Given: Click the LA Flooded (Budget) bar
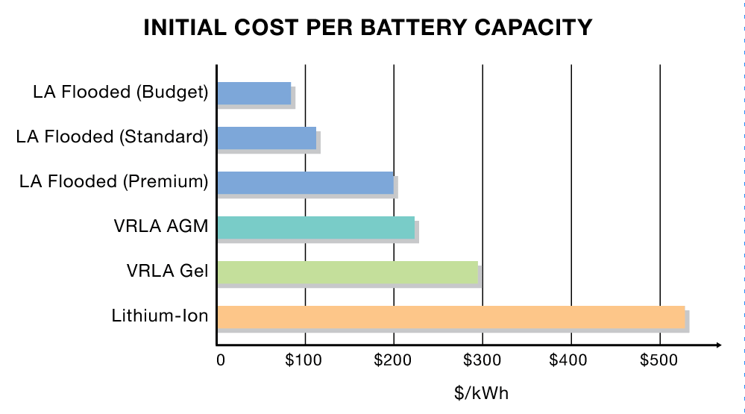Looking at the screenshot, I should pos(254,93).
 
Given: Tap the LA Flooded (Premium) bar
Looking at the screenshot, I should pos(305,182).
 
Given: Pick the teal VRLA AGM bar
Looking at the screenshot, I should pos(315,228).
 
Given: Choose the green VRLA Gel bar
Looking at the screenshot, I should pos(348,272).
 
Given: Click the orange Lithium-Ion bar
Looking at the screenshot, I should pos(450,317).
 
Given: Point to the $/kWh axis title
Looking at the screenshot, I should pos(482,392).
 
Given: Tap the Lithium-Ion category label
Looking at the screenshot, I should pos(160,316).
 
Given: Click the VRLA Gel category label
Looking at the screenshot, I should pos(167,272).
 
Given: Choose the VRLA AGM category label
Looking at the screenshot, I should pos(166,227).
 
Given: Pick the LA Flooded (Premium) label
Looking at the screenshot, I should pos(113,182).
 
